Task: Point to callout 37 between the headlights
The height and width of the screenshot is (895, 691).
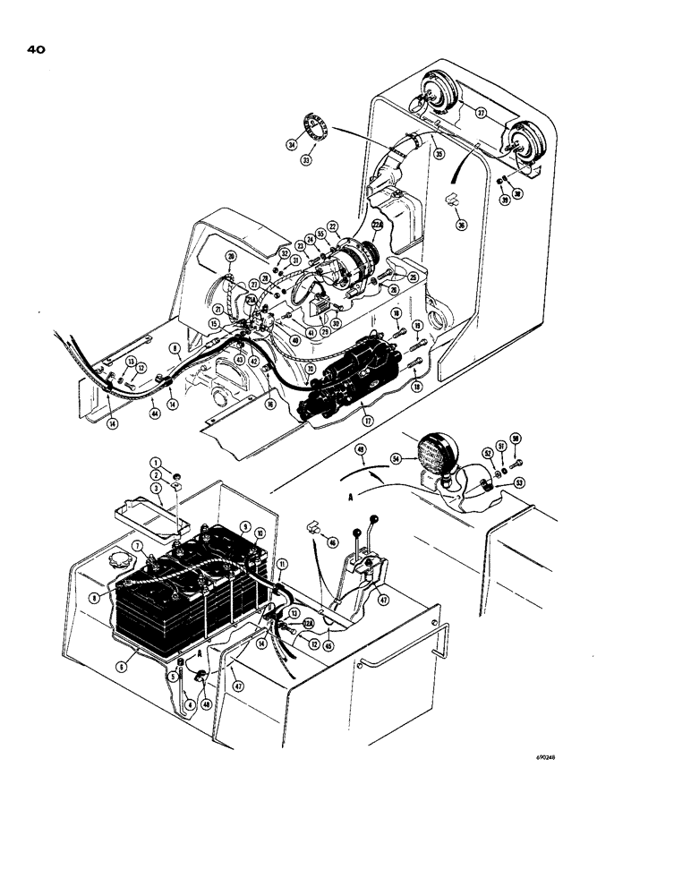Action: (x=481, y=114)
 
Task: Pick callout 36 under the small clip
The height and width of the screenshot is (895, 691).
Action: (x=462, y=226)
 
